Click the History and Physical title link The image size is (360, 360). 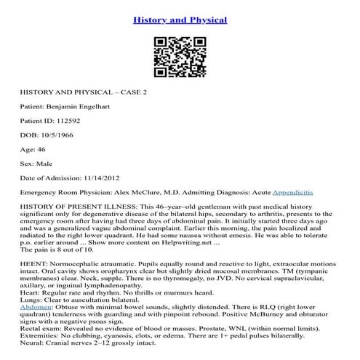coord(180,19)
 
